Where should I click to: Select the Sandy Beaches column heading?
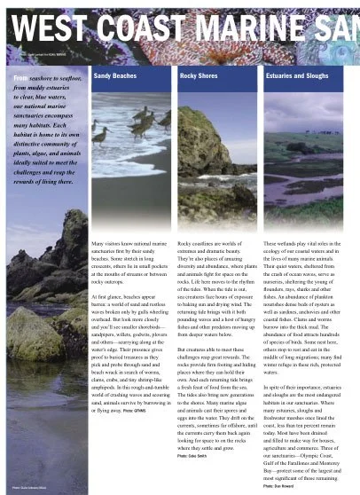click(115, 77)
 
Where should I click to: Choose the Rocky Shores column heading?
click(200, 77)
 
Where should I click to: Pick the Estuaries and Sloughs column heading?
click(295, 77)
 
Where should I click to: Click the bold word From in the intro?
click(22, 78)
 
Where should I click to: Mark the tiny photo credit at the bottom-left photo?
click(31, 488)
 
